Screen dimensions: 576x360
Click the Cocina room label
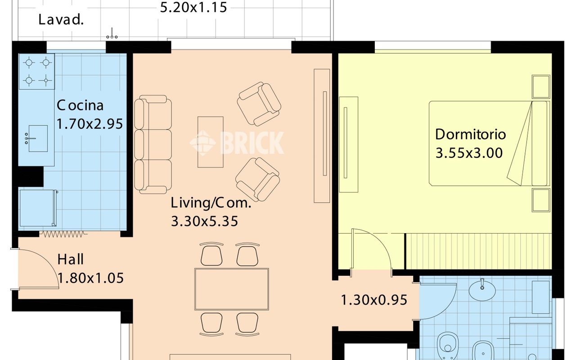(80, 105)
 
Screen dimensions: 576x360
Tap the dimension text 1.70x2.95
(90, 124)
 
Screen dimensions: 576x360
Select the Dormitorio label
(471, 134)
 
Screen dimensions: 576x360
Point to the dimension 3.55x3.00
(469, 153)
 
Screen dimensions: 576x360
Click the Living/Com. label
(211, 202)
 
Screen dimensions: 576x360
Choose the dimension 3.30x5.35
(204, 221)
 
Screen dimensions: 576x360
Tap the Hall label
(71, 259)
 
